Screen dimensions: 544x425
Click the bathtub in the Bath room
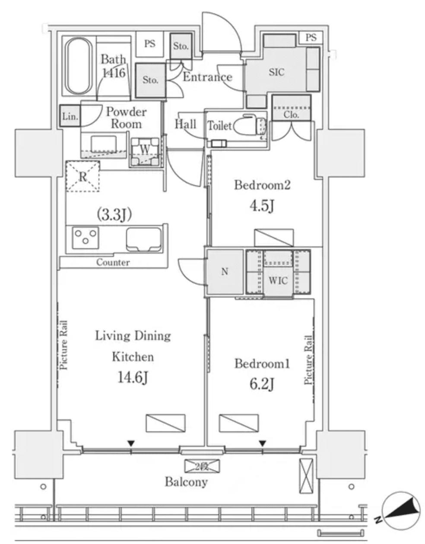pyautogui.click(x=79, y=67)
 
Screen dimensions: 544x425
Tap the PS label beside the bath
pyautogui.click(x=150, y=44)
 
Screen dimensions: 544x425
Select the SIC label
pyautogui.click(x=276, y=72)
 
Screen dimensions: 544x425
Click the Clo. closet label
pyautogui.click(x=292, y=115)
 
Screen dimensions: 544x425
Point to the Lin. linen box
pyautogui.click(x=70, y=117)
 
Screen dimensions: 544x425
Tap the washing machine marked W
pyautogui.click(x=146, y=151)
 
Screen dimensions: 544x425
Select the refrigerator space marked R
pyautogui.click(x=82, y=176)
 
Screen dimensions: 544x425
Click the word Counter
pyautogui.click(x=113, y=263)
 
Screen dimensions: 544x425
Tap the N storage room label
pyautogui.click(x=225, y=272)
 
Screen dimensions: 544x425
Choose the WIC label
pyautogui.click(x=278, y=281)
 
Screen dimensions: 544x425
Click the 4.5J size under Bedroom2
pyautogui.click(x=262, y=206)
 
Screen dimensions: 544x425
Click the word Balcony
pyautogui.click(x=186, y=482)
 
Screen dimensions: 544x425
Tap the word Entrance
pyautogui.click(x=207, y=77)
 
